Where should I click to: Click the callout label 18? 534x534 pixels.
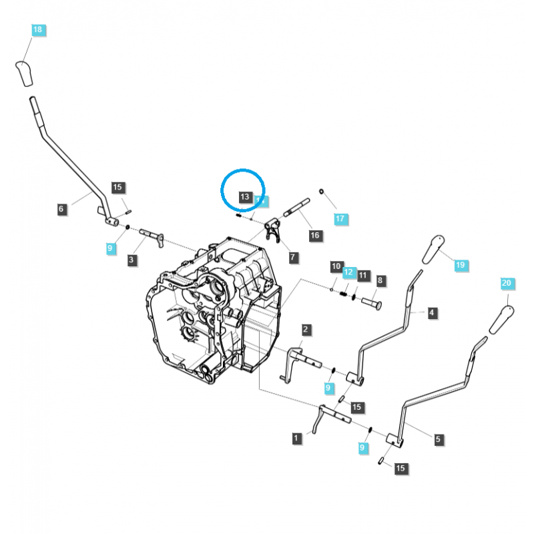[37, 29]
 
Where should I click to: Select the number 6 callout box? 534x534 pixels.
[61, 209]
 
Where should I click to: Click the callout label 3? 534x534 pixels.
[133, 260]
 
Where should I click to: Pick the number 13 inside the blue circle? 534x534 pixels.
[244, 197]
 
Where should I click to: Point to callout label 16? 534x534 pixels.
[314, 235]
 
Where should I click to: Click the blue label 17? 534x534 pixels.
[340, 218]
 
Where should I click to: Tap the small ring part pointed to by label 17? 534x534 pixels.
[322, 193]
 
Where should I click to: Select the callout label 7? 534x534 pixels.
[293, 256]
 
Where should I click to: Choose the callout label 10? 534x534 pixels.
[336, 266]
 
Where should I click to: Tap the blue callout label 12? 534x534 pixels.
[348, 272]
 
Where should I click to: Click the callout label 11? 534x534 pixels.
[362, 275]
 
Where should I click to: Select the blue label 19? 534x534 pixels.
[460, 265]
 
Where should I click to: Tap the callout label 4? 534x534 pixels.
[432, 312]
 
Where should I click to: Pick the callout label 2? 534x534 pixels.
[305, 329]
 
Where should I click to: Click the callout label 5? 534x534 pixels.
[438, 439]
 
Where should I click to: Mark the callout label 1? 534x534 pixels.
[296, 438]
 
